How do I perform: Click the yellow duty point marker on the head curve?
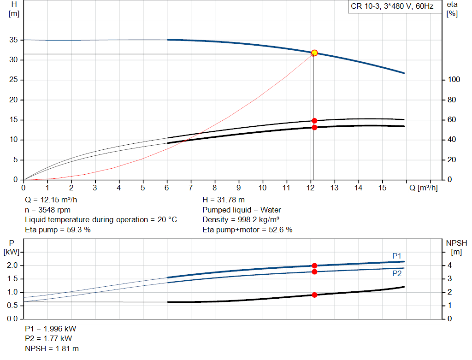(314, 53)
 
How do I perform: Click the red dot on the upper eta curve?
(314, 121)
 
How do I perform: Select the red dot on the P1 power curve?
(314, 266)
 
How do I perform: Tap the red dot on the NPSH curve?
(314, 295)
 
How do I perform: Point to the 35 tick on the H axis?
(14, 40)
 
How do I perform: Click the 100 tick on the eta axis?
(454, 80)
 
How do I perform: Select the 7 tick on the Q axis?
(191, 188)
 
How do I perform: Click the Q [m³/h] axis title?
(423, 188)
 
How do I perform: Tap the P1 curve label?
(397, 256)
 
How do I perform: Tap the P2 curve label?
(397, 273)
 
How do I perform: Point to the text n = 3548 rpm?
(48, 210)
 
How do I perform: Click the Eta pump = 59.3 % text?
(58, 230)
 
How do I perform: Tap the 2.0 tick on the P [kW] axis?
(12, 266)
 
